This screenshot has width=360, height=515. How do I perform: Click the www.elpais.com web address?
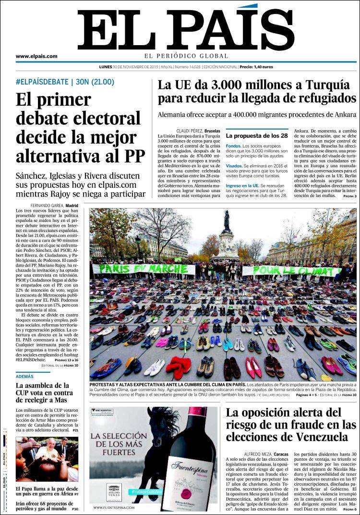coord(36,56)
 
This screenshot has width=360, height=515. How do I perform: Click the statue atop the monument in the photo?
coord(227,220)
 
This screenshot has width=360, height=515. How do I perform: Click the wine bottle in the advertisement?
coord(190,461)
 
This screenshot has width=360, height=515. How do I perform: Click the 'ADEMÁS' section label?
coord(24,376)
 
